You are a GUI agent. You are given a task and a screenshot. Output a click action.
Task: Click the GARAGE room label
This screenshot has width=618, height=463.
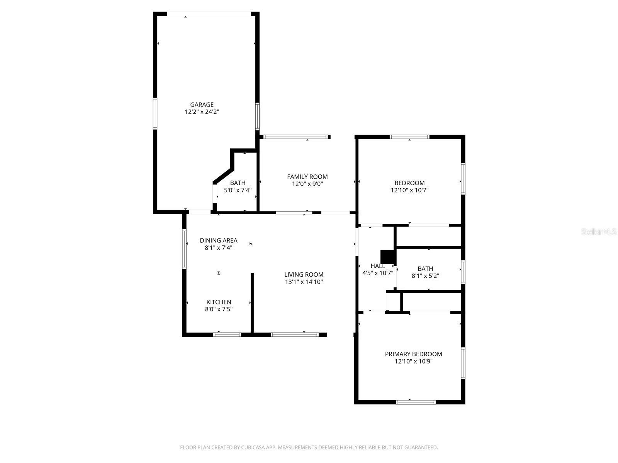[202, 105]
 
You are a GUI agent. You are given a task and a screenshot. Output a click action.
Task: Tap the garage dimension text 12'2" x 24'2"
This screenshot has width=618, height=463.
[202, 112]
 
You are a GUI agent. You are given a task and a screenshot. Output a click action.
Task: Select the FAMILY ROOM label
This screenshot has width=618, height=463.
[307, 177]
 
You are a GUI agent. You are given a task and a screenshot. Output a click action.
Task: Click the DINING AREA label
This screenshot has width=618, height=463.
[218, 240]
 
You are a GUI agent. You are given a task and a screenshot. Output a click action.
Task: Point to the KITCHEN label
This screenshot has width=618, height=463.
[219, 302]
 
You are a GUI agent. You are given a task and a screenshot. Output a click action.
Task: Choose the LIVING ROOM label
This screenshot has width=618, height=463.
[304, 275]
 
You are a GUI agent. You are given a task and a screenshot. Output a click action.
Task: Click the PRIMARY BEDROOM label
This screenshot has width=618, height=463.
[413, 354]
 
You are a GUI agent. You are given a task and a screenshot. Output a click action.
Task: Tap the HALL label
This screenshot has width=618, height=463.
[377, 266]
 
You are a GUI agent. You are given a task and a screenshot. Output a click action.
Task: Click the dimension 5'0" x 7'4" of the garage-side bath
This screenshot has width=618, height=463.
[238, 190]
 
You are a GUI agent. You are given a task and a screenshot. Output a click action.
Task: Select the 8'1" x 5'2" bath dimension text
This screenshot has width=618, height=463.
[425, 276]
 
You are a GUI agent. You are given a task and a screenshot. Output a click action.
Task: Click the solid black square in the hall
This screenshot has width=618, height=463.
[387, 257]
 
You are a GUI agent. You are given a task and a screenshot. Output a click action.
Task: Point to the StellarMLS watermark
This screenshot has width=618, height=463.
[599, 232]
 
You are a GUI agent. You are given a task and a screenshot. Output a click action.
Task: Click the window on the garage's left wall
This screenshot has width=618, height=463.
[155, 113]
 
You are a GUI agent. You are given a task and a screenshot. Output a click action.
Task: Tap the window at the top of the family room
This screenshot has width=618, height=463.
[295, 137]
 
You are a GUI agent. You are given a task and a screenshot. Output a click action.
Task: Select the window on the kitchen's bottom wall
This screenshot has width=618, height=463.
[227, 335]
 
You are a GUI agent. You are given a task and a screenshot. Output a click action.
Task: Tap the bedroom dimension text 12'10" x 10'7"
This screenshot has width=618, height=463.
[409, 190]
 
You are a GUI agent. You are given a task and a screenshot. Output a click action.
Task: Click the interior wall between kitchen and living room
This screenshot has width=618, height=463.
[252, 303]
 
